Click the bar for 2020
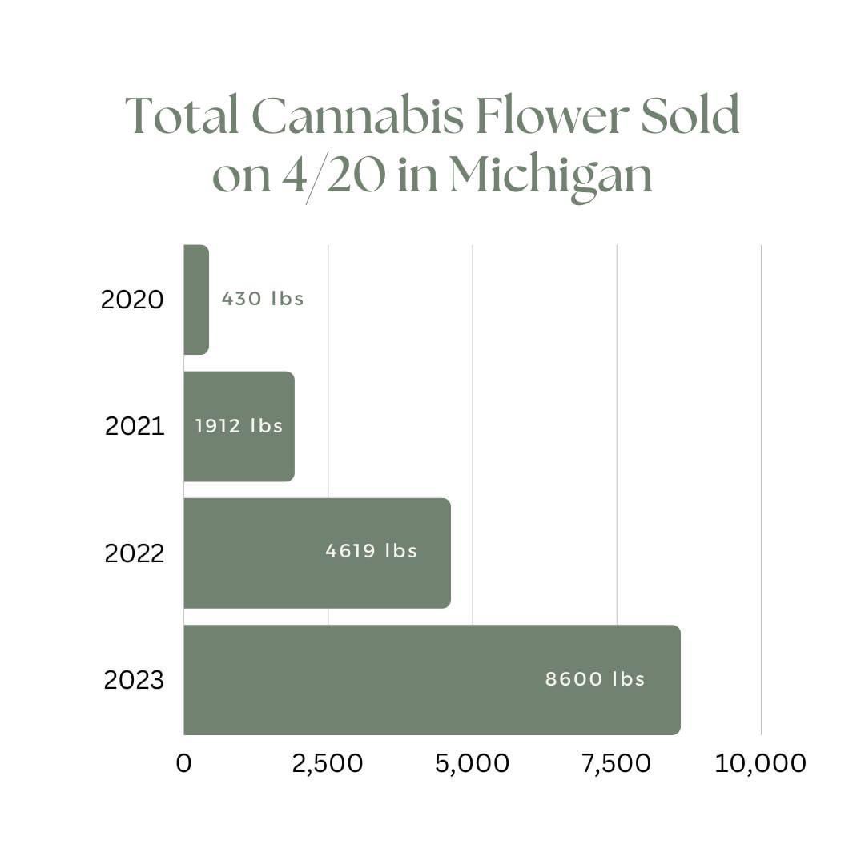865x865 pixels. point(196,300)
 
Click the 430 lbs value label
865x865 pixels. point(263,300)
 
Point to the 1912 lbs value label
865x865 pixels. point(239,425)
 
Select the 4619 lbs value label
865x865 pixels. point(371,551)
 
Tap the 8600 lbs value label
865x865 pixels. point(595,679)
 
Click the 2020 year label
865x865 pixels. point(132,300)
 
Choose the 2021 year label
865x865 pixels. point(135,426)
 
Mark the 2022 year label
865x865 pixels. point(134,553)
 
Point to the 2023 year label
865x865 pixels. point(134,680)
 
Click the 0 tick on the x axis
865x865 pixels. point(183,763)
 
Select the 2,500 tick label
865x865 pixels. point(328,763)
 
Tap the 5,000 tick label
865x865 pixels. point(472,763)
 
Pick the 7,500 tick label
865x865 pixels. point(617,763)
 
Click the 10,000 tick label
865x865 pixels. point(760,763)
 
